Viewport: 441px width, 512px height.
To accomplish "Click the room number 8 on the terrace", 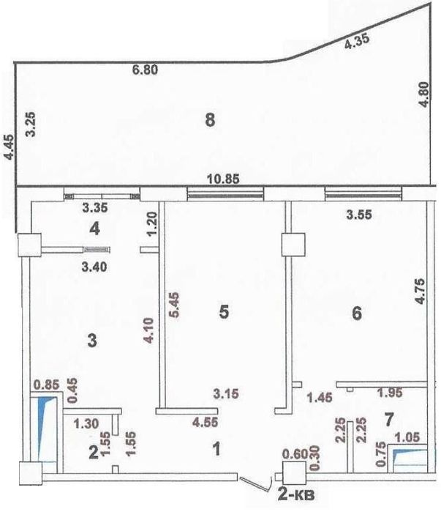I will [210, 122].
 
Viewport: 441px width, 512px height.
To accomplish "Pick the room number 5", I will [225, 312].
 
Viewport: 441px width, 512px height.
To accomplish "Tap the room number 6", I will [357, 313].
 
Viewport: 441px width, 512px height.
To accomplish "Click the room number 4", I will [94, 229].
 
